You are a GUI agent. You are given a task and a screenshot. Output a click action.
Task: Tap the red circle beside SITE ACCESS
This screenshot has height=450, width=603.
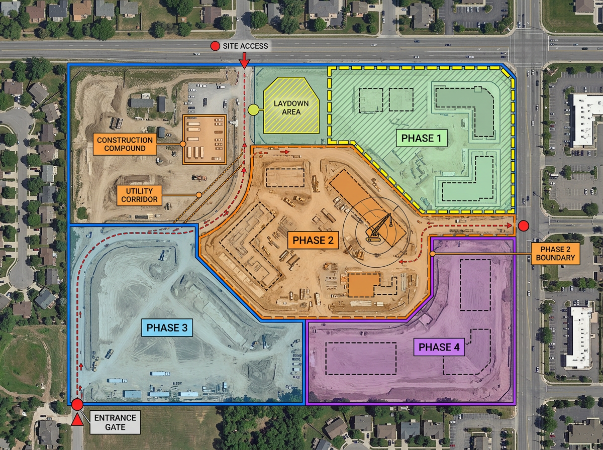click(215, 46)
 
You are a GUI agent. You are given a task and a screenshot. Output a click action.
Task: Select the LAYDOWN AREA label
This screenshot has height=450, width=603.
click(291, 107)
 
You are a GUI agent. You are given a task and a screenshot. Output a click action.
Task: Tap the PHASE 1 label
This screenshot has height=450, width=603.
click(422, 138)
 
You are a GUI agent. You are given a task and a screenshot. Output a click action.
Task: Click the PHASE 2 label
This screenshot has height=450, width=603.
click(313, 240)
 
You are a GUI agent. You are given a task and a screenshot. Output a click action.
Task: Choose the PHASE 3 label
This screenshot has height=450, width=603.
click(168, 328)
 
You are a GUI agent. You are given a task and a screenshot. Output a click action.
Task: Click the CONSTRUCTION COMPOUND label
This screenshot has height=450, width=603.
click(125, 144)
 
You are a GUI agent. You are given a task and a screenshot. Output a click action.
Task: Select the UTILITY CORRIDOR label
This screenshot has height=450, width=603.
click(139, 195)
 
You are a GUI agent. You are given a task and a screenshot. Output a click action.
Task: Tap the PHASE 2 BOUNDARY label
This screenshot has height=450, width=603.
click(557, 254)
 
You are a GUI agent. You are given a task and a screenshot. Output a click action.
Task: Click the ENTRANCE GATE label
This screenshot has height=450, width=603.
click(115, 422)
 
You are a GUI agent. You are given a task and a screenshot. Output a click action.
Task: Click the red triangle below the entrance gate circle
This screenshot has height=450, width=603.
click(77, 420)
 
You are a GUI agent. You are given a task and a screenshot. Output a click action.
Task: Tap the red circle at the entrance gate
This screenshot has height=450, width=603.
click(77, 405)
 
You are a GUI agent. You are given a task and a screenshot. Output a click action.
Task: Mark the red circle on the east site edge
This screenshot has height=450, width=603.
click(523, 226)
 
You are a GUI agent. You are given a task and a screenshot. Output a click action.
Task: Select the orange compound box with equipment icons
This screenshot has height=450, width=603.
click(205, 139)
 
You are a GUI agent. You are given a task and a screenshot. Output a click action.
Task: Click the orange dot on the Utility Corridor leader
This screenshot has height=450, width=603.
click(199, 195)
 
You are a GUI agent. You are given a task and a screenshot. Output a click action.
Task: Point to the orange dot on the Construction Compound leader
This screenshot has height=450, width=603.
click(183, 144)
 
